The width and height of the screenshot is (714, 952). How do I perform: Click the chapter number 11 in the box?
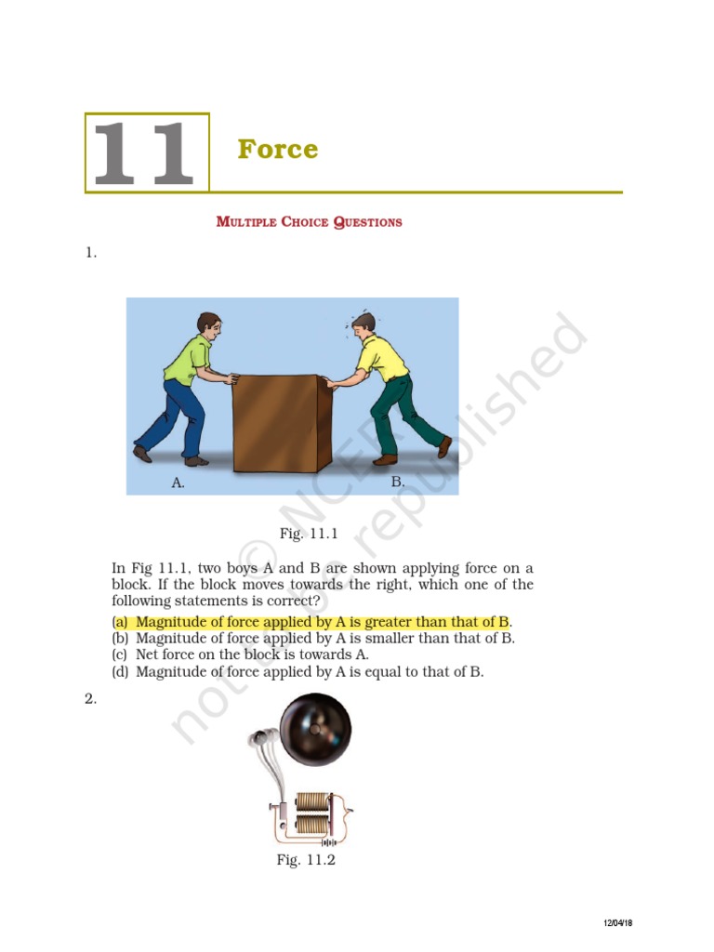point(146,152)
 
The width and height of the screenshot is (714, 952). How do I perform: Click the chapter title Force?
point(277,149)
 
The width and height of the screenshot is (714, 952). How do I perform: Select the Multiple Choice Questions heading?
point(309,222)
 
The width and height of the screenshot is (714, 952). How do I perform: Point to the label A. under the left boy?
point(178,483)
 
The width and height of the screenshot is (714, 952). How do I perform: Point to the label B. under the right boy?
point(398,482)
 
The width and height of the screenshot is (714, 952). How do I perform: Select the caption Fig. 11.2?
point(305,860)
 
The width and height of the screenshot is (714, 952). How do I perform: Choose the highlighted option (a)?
point(311,621)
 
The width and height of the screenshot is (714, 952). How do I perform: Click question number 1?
point(91,252)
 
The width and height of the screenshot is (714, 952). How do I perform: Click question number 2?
point(91,699)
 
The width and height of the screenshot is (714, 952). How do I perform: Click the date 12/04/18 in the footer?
point(618,922)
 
